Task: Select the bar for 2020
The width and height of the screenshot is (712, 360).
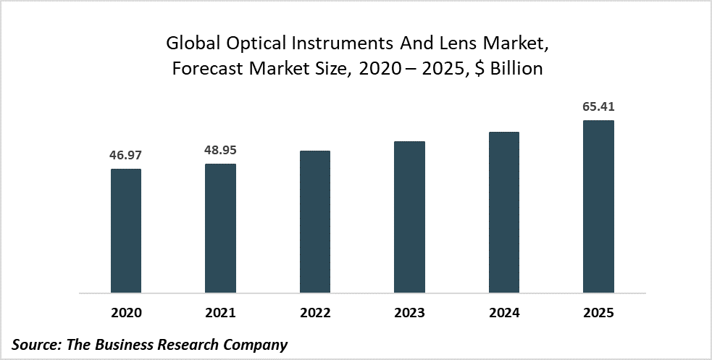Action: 126,231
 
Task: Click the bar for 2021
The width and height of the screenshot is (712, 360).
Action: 220,229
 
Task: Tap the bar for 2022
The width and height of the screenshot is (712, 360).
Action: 315,222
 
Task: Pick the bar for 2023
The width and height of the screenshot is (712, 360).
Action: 409,217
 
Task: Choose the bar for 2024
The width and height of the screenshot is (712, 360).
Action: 504,213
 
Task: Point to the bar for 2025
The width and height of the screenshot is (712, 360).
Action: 598,207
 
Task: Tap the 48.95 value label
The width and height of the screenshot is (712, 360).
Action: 220,151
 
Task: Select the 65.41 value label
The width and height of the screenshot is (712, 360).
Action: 598,107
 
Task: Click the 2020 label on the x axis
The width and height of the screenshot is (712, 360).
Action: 126,314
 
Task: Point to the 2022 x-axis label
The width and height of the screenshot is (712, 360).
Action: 315,314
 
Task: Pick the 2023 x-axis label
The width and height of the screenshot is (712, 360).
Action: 409,314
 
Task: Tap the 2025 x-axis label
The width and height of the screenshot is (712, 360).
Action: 598,314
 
